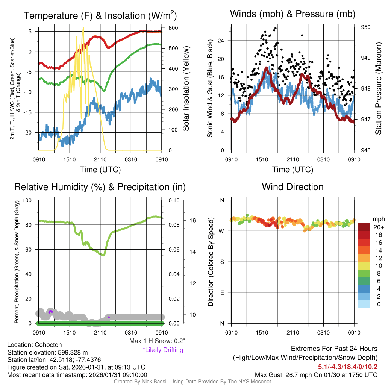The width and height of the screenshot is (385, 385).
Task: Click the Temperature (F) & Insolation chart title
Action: click(x=100, y=16)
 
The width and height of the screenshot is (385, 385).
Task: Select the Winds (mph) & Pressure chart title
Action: click(x=293, y=14)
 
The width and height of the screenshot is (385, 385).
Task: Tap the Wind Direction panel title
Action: click(x=293, y=187)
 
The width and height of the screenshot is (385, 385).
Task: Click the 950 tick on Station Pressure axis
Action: click(x=366, y=27)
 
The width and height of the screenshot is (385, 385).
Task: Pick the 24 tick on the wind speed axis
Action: click(x=221, y=41)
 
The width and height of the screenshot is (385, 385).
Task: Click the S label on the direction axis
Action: click(x=222, y=262)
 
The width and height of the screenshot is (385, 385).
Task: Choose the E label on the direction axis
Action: click(x=222, y=293)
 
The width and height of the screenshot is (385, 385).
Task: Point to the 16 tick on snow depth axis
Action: click(x=191, y=220)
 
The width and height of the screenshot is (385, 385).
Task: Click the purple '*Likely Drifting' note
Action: click(x=163, y=350)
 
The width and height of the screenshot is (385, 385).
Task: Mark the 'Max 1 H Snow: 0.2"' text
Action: click(x=157, y=341)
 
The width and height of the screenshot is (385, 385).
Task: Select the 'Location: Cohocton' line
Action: click(x=34, y=345)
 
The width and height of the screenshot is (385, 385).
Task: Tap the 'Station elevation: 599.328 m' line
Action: click(x=47, y=352)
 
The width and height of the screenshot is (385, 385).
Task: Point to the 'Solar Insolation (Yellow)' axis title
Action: click(x=186, y=89)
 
